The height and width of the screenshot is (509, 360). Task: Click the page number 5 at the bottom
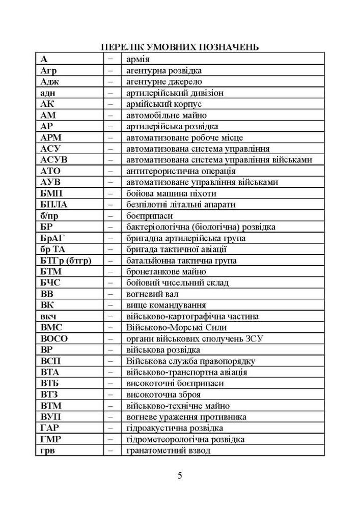(180, 476)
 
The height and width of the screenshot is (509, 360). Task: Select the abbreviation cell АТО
(50, 171)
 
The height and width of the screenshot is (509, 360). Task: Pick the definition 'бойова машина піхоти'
(171, 193)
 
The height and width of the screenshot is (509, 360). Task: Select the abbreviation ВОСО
(54, 338)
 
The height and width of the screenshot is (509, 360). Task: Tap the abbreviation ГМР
(51, 439)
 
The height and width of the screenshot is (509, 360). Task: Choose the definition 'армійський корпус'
(160, 104)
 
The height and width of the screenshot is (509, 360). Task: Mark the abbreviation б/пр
(50, 216)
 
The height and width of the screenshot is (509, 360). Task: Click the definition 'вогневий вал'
(152, 294)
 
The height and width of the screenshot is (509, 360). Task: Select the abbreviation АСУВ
(54, 160)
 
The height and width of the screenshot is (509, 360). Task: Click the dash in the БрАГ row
(110, 238)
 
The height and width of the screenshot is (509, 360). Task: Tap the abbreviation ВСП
(50, 361)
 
